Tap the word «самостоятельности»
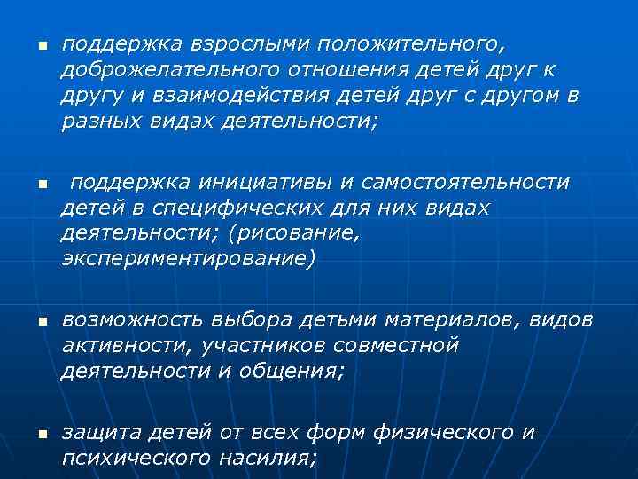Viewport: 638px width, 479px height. pyautogui.click(x=455, y=183)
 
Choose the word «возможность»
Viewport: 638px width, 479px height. pyautogui.click(x=133, y=318)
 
